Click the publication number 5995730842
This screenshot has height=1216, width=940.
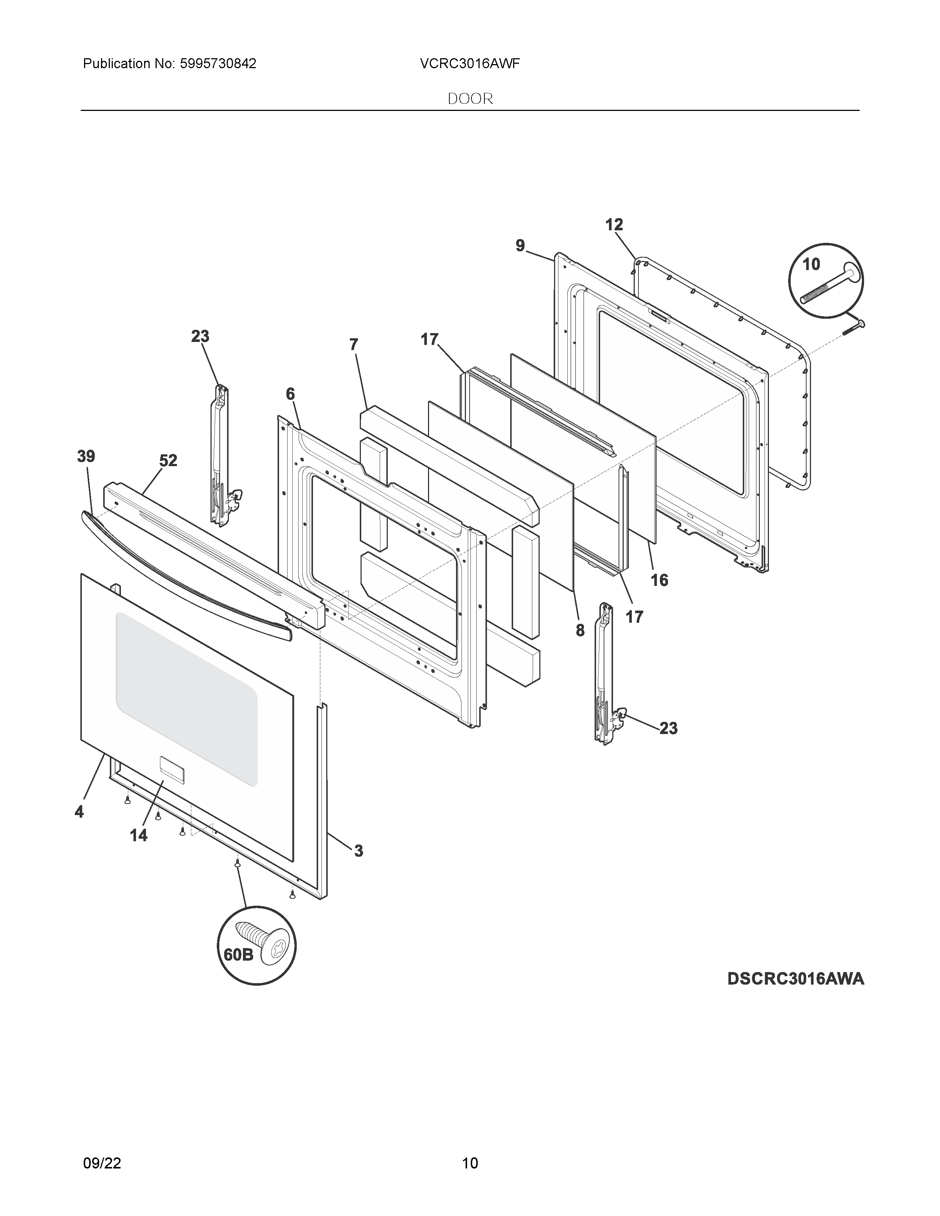[x=218, y=64]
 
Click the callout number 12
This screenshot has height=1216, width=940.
[x=614, y=225]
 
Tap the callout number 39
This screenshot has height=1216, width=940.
[x=86, y=457]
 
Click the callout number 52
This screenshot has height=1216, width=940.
[x=168, y=461]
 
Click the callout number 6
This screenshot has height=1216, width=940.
[x=290, y=394]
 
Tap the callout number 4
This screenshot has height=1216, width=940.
[x=79, y=813]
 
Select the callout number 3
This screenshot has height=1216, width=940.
[x=359, y=851]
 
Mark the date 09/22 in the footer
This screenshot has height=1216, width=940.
[x=102, y=1147]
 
